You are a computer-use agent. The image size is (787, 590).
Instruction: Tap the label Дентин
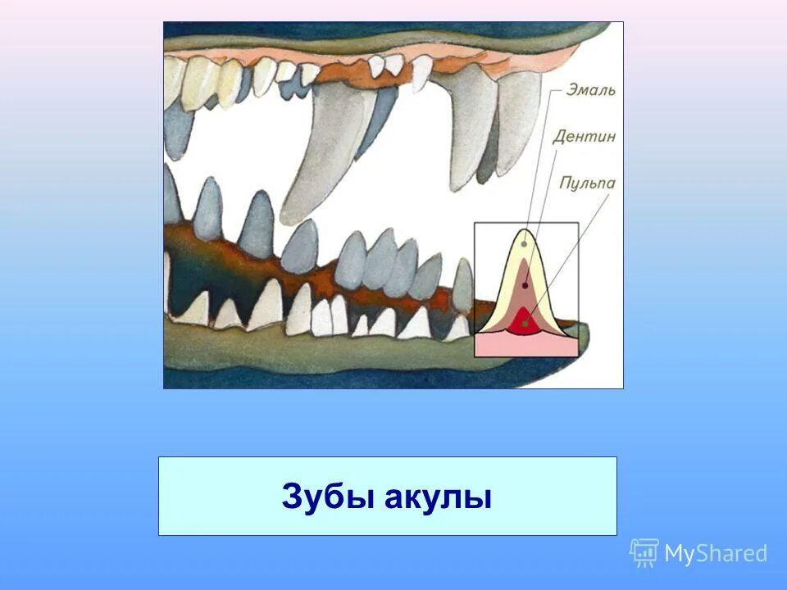point(584,136)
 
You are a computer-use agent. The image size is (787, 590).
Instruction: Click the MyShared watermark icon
point(644,553)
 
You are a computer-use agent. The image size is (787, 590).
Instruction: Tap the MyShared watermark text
point(715,554)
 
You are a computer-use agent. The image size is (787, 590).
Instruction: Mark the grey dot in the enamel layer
point(524,244)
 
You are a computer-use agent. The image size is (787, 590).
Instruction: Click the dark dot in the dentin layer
point(525,285)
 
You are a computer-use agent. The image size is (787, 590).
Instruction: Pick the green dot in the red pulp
point(525,324)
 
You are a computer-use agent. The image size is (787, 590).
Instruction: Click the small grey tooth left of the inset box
point(463,284)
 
